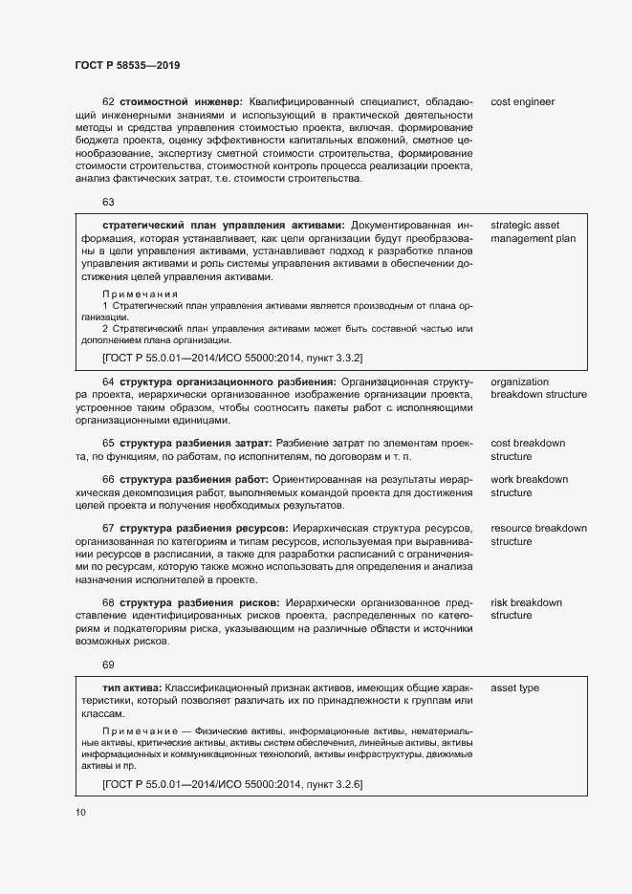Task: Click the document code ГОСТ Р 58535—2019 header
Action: (x=127, y=65)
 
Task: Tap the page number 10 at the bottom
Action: (x=80, y=813)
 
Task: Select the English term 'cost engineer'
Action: (x=522, y=101)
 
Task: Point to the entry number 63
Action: (x=108, y=202)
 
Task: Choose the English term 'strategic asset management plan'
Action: (x=533, y=231)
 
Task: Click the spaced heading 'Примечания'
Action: (x=141, y=294)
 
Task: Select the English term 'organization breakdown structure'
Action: (x=538, y=387)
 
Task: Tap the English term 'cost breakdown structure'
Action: (x=528, y=450)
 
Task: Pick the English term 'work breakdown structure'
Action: (x=529, y=486)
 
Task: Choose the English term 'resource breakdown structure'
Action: (x=538, y=534)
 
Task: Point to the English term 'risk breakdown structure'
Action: (x=526, y=609)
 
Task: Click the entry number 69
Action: (x=108, y=665)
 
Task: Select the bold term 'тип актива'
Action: (x=131, y=688)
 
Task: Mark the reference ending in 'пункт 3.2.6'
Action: (x=231, y=784)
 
